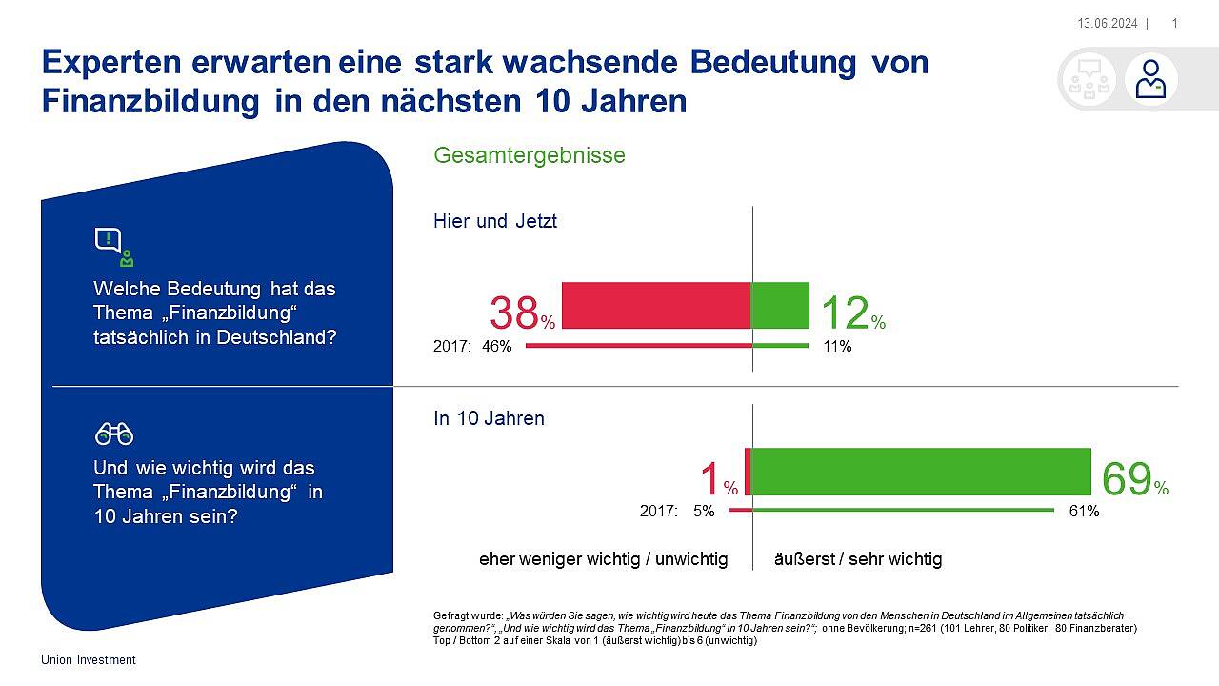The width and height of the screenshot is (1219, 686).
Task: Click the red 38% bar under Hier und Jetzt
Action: pos(656,306)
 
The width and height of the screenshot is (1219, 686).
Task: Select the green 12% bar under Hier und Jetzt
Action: pos(780,306)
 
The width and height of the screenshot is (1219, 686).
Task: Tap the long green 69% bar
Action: pos(920,472)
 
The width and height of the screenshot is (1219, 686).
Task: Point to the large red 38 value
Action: pos(514,313)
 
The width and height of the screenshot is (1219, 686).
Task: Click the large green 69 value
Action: pos(1126,479)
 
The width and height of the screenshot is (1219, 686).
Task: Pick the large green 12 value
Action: pos(844,313)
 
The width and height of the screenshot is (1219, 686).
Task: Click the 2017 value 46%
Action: pos(495,347)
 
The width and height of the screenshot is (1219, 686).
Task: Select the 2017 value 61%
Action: pos(1084,512)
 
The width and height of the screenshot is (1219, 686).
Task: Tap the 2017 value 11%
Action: pos(837,347)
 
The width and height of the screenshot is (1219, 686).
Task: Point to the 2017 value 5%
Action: pos(704,512)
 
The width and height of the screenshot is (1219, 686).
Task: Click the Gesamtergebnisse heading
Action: pos(530,155)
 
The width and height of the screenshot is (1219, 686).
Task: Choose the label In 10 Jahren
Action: pos(490,418)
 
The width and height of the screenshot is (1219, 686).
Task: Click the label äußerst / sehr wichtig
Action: pos(859,559)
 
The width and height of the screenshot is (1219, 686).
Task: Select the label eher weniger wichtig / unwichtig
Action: pos(603,559)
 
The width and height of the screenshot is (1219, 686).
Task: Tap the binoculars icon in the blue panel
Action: pos(113,435)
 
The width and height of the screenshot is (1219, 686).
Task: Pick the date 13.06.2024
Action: pos(1107,23)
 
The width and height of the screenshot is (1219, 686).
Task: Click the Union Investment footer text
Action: pos(89,660)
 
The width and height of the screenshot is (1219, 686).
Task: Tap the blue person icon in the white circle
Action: pos(1150,79)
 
